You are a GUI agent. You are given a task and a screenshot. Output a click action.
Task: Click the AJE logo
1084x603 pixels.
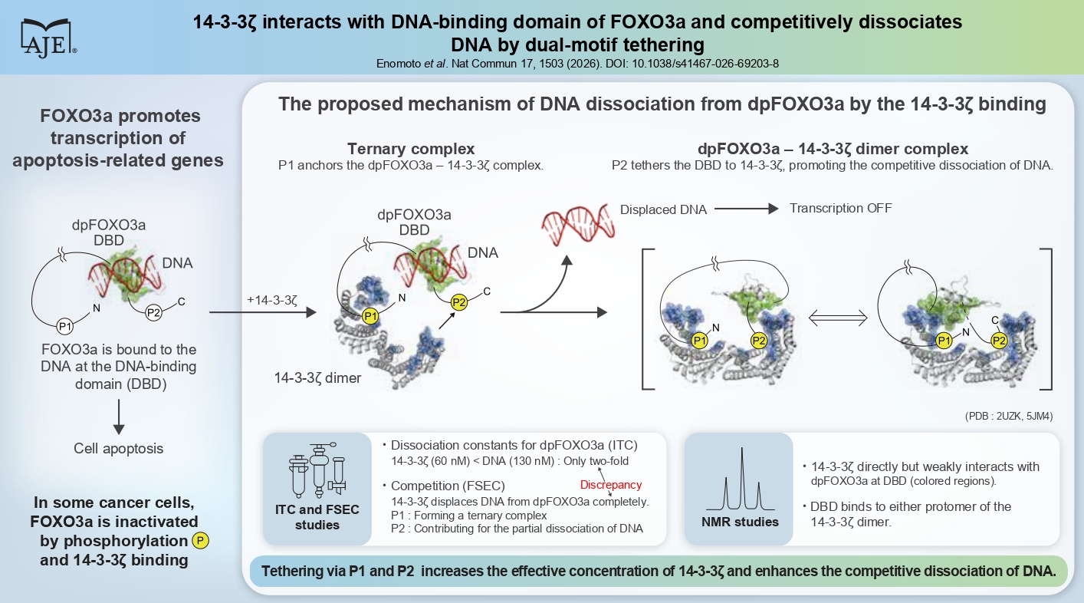(x=48, y=36)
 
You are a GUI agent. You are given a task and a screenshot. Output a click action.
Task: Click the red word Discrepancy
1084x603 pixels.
(x=610, y=485)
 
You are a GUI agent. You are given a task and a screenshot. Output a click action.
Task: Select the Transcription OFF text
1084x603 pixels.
(x=840, y=208)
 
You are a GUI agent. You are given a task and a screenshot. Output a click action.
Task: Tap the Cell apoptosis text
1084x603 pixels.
(x=119, y=449)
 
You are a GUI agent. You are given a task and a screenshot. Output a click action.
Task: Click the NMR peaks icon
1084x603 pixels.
(x=741, y=479)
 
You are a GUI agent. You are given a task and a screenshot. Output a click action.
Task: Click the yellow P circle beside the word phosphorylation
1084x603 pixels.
(x=200, y=541)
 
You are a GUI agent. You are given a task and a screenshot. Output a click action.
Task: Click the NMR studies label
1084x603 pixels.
(x=740, y=522)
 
